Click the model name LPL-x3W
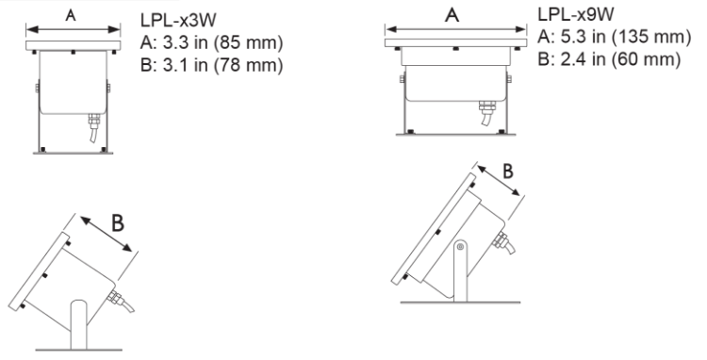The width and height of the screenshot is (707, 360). pos(178,20)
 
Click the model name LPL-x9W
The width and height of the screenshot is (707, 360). pos(576,14)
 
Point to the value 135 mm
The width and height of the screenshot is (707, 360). pos(651,37)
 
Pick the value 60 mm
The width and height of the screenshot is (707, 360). pos(646,59)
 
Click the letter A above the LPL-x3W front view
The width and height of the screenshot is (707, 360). pos(71,15)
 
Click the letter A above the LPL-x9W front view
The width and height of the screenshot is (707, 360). pos(452,15)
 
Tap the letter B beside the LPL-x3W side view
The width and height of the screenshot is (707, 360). pos(118,223)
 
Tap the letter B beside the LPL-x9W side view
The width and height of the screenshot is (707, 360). pos(508,172)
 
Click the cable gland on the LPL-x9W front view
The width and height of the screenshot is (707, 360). pos(487,107)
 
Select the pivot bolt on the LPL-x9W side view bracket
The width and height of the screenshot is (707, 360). pos(460,247)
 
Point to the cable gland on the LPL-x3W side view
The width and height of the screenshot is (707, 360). pos(115,298)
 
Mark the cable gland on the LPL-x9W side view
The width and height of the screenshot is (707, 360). pos(501,239)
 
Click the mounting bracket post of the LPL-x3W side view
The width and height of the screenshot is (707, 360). pos(78,324)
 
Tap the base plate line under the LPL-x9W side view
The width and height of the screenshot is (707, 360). pos(460,303)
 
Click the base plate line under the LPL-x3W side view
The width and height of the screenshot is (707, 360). pos(79,350)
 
